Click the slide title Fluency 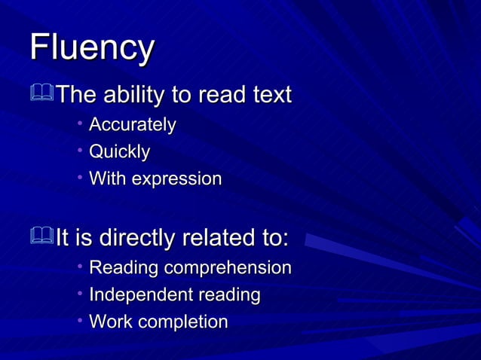click(92, 47)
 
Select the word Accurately click(133, 124)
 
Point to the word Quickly click(119, 152)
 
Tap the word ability click(139, 96)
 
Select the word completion click(182, 322)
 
